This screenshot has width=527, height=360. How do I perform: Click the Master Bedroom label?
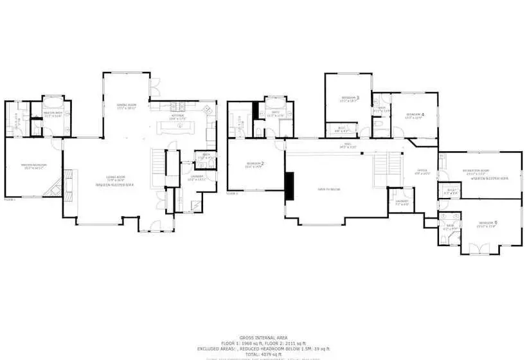pyautogui.click(x=35, y=166)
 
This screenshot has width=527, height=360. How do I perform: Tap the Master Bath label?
pyautogui.click(x=52, y=114)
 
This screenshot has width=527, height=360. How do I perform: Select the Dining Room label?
pyautogui.click(x=126, y=106)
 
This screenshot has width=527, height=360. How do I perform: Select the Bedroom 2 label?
pyautogui.click(x=255, y=165)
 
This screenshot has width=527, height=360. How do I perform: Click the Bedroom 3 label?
pyautogui.click(x=350, y=98)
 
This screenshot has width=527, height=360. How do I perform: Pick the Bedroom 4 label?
pyautogui.click(x=414, y=115)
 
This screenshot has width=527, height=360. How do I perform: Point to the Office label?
pyautogui.click(x=422, y=172)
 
